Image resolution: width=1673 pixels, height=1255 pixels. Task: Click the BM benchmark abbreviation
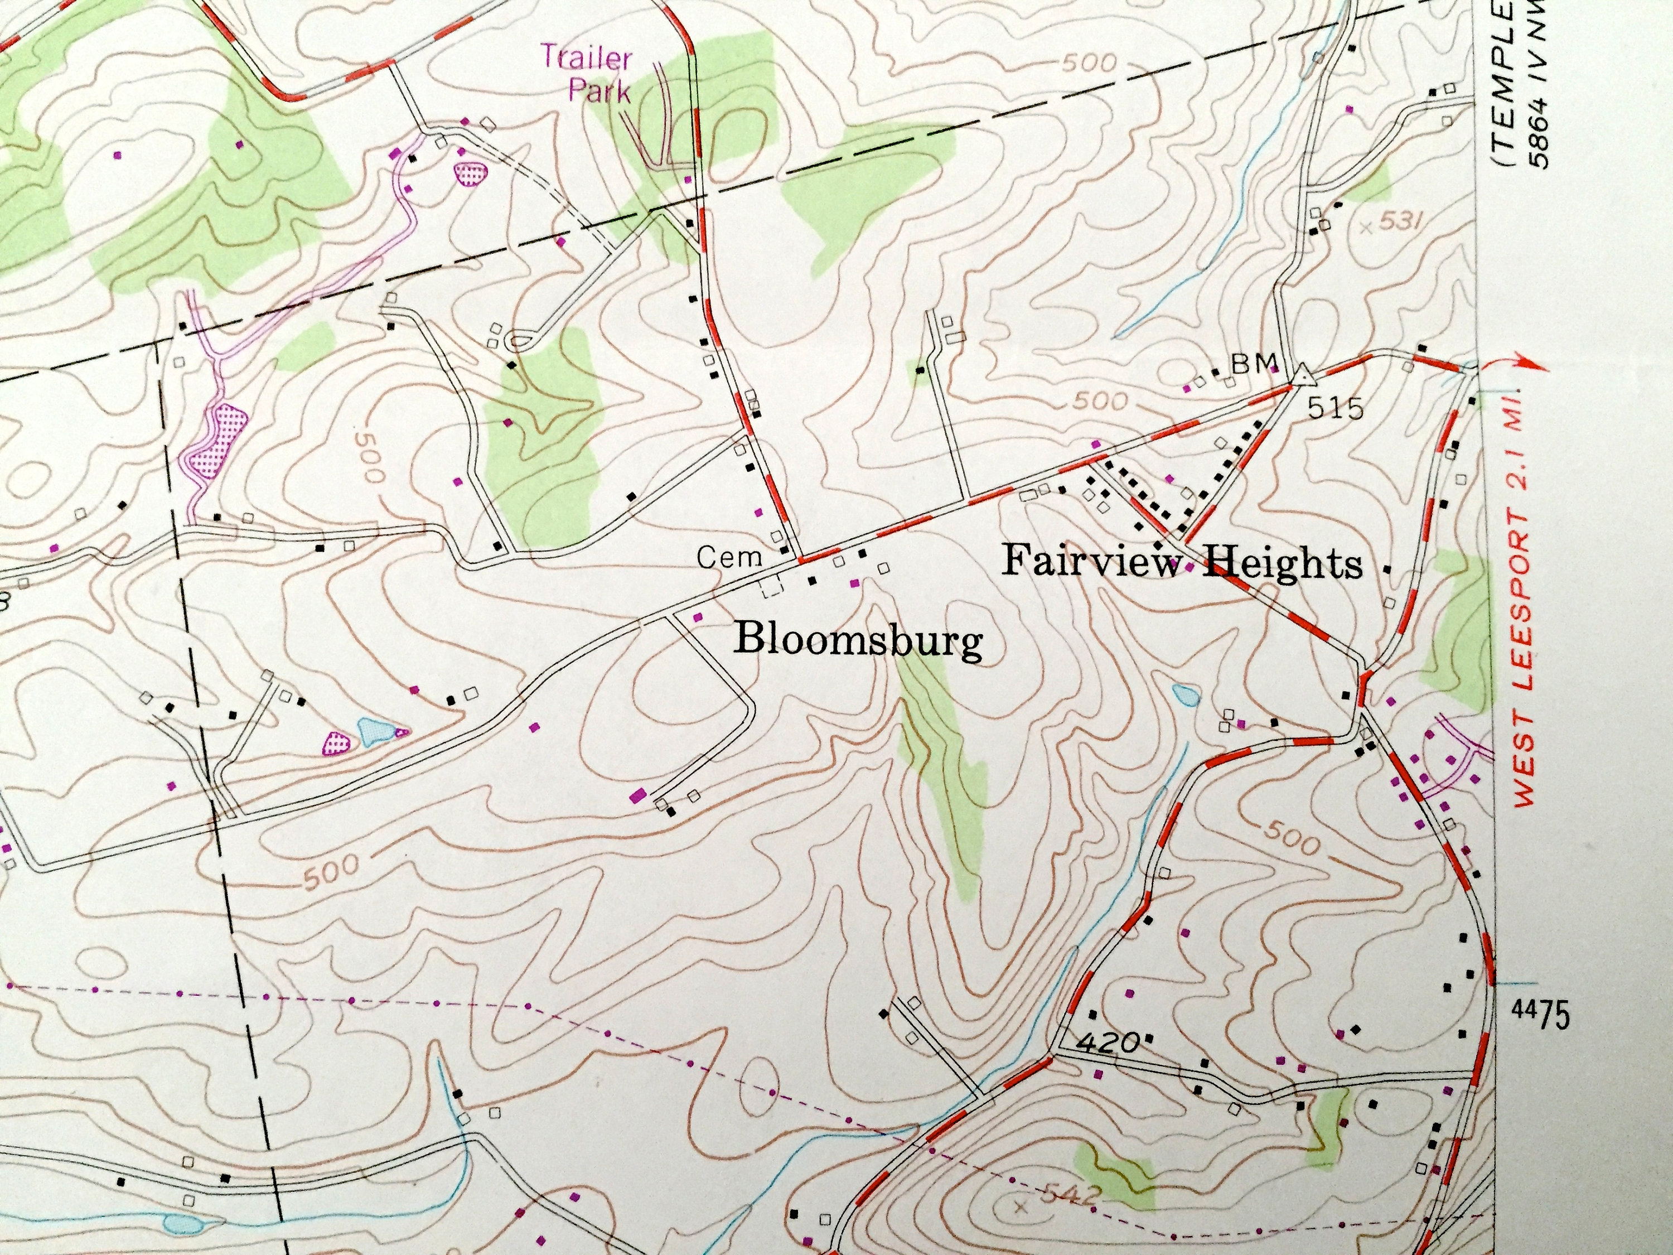pyautogui.click(x=1254, y=364)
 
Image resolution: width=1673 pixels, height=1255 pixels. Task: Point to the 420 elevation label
pyautogui.click(x=1108, y=1045)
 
